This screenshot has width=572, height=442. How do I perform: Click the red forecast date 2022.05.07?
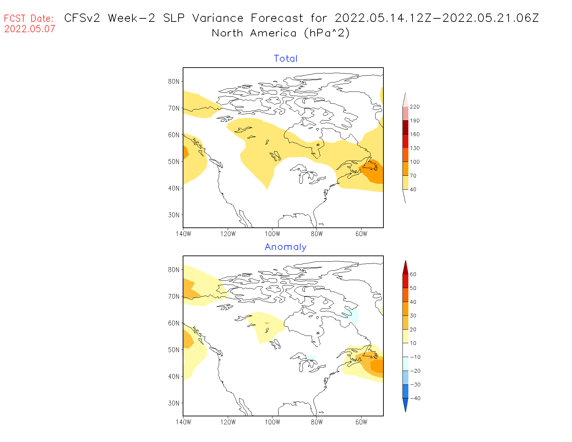tap(29, 29)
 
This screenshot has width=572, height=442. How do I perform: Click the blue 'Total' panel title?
tap(286, 59)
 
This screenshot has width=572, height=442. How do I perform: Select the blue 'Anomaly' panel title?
tap(286, 247)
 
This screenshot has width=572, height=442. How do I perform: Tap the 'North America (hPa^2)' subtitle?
tap(281, 33)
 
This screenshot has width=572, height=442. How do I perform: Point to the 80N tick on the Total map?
tap(174, 81)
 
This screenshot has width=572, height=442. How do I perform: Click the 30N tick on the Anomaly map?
tap(174, 403)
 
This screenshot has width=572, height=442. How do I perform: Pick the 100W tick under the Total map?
tap(272, 234)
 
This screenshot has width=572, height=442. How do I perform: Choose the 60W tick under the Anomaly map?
tap(361, 422)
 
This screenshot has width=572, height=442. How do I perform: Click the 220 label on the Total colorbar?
tap(414, 107)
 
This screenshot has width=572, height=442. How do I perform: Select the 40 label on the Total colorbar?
tap(413, 189)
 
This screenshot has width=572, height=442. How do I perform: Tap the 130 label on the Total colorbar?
tap(414, 148)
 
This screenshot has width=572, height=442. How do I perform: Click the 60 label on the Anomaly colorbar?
tap(413, 274)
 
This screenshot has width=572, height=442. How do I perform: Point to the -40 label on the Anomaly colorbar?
tap(415, 398)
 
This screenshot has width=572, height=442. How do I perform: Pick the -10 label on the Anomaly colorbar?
tap(415, 357)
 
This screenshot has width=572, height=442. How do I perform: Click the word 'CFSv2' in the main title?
tap(82, 18)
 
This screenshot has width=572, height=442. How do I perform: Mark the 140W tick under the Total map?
tap(183, 234)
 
